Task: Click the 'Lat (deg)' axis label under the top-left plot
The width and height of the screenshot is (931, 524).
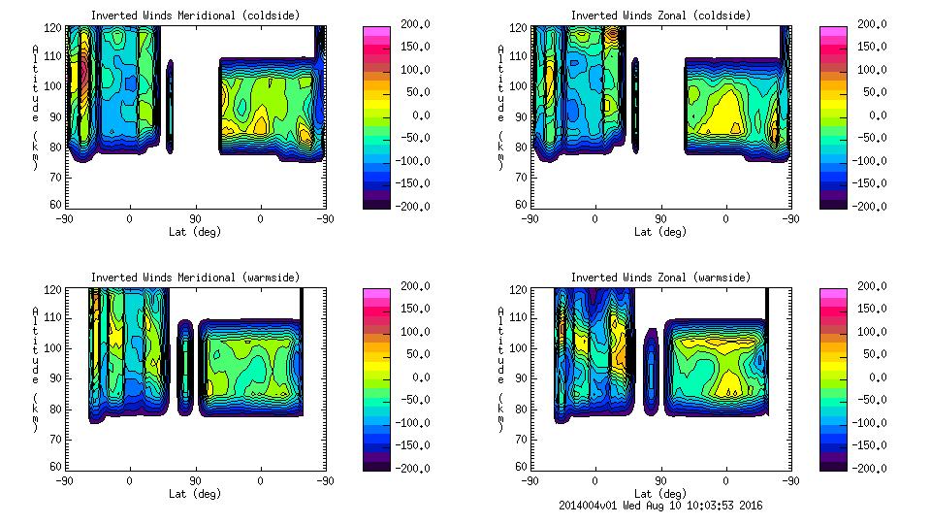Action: (194, 232)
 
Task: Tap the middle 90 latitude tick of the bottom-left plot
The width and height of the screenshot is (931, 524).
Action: (194, 480)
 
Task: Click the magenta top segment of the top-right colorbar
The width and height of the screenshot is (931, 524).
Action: (832, 32)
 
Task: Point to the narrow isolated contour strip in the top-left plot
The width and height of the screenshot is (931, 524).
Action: (170, 107)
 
